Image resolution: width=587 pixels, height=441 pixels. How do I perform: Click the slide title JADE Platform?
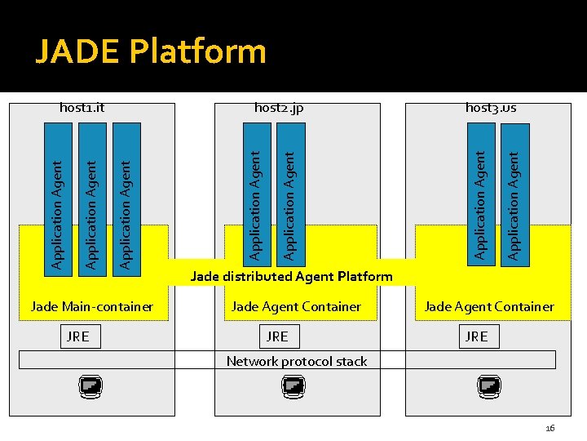[151, 51]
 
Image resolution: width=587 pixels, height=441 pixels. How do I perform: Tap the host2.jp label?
[279, 108]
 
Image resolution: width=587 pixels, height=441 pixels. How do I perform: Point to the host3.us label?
[491, 108]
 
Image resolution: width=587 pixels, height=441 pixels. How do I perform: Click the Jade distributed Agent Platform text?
[291, 276]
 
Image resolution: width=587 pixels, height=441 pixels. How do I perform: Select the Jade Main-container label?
[91, 307]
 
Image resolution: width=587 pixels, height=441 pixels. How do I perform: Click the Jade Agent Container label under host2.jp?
[296, 307]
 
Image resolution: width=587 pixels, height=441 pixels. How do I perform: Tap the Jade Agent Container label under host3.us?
[489, 307]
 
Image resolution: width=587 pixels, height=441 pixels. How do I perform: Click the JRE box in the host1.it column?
[78, 336]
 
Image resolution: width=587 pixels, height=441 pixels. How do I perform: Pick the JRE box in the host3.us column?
[476, 336]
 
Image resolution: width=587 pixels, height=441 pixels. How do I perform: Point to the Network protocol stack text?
[297, 361]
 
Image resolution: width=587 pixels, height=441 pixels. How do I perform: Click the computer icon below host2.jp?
[294, 386]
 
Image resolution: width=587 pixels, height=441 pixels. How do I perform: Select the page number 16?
[549, 428]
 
